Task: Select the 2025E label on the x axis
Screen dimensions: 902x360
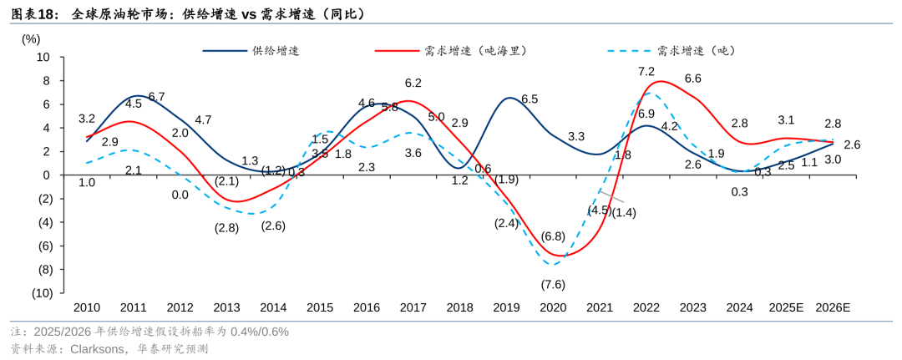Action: pos(787,307)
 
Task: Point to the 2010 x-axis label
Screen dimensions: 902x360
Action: pos(87,307)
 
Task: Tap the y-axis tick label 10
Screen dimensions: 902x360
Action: pos(44,58)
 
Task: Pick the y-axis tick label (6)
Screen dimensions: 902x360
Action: pos(43,246)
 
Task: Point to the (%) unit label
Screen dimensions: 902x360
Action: pos(31,40)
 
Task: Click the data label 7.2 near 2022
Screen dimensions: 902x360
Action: pos(646,72)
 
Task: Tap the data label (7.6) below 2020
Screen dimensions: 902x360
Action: pos(553,285)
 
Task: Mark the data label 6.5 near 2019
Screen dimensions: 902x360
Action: pos(530,99)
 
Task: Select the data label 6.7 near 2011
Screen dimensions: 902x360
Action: pos(156,97)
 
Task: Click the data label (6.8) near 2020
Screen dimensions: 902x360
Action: pos(553,236)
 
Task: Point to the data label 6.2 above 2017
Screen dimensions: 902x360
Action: pos(413,83)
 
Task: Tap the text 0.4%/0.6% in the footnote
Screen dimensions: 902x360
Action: pos(260,332)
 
